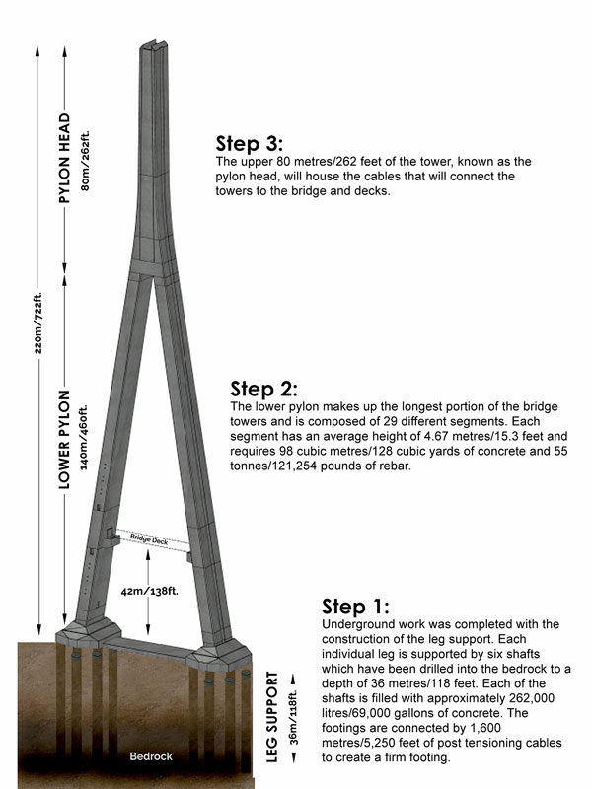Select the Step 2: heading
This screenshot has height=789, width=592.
point(263,388)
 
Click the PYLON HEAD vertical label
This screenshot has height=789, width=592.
point(65,158)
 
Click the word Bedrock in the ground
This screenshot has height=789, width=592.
point(150,756)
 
